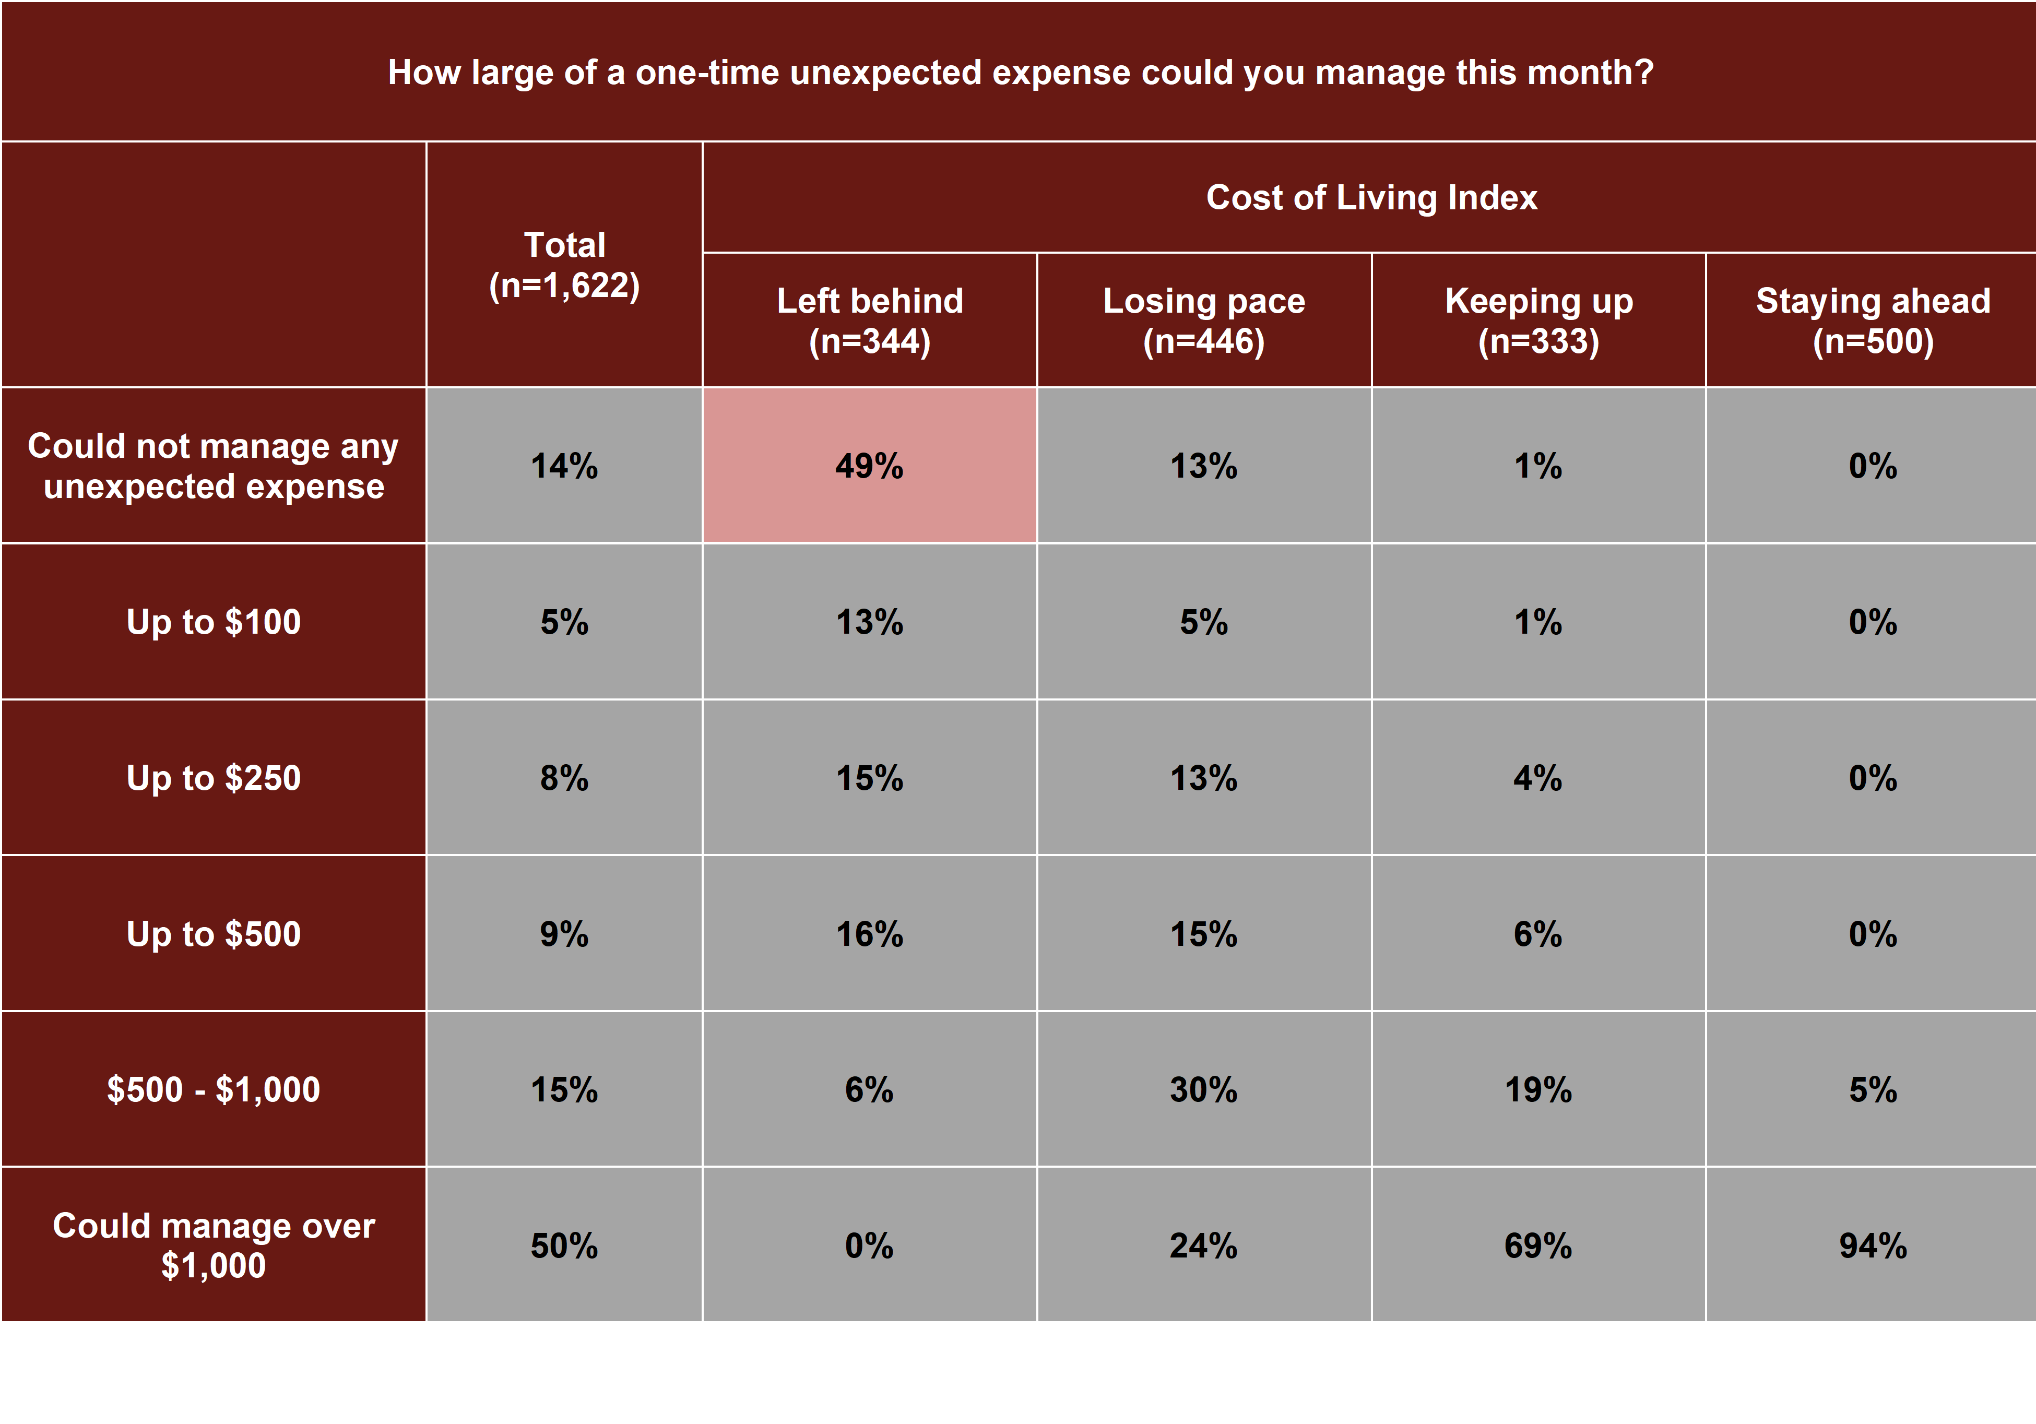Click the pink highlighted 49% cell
pos(869,466)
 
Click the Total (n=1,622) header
pos(564,264)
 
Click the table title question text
pos(1020,72)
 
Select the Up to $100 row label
pos(214,622)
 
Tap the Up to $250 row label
pos(214,778)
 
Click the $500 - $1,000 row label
pos(214,1089)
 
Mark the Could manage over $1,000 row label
pos(214,1245)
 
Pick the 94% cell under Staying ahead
pos(1872,1245)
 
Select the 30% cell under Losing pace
pos(1203,1089)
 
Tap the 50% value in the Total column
pos(564,1245)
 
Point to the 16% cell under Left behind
pos(869,934)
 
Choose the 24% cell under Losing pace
pos(1203,1245)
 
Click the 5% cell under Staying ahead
pos(1872,1089)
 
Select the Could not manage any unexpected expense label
pos(214,466)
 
